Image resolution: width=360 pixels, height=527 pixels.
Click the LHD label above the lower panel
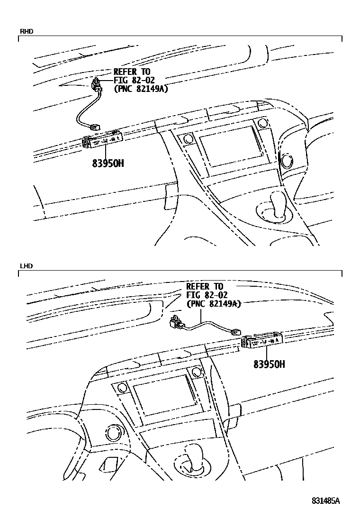(x=26, y=266)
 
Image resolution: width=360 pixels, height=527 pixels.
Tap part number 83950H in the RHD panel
(x=108, y=164)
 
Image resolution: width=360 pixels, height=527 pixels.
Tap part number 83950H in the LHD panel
(x=269, y=364)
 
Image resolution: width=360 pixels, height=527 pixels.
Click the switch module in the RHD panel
(x=103, y=140)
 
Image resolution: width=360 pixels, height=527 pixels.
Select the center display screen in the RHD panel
(x=229, y=148)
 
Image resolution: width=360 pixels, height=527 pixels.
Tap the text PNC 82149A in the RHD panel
(x=141, y=89)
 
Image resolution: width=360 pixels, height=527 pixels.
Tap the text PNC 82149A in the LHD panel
(x=214, y=304)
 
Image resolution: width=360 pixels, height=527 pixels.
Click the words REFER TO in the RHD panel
(x=131, y=72)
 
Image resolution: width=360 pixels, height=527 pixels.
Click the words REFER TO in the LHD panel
(x=204, y=287)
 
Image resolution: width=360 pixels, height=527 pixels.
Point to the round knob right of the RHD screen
(x=286, y=160)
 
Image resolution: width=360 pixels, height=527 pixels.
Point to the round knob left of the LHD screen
(x=113, y=433)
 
